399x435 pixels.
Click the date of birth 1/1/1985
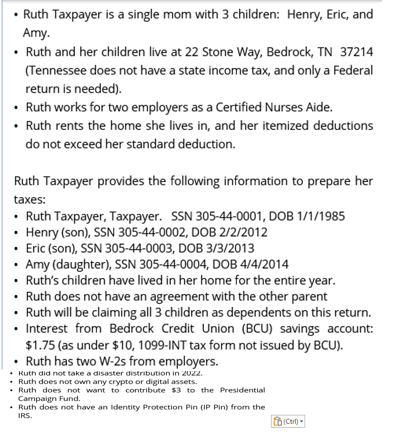click(x=319, y=216)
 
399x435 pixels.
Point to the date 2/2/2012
click(x=242, y=232)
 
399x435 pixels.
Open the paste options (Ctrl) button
click(x=288, y=421)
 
